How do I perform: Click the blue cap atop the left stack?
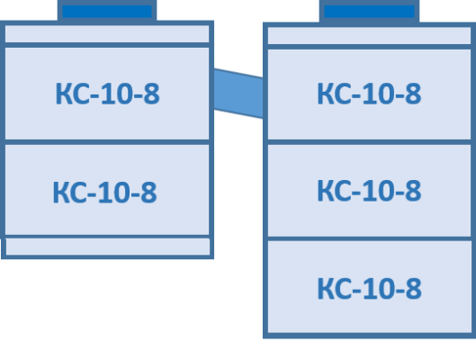pyautogui.click(x=107, y=11)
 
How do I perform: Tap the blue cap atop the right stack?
pyautogui.click(x=369, y=12)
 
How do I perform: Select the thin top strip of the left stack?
pyautogui.click(x=107, y=33)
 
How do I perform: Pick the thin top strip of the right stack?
pyautogui.click(x=369, y=35)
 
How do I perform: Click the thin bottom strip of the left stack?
pyautogui.click(x=107, y=247)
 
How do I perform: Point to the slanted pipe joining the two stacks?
pyautogui.click(x=238, y=94)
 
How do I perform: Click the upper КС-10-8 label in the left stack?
pyautogui.click(x=107, y=94)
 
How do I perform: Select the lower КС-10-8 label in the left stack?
pyautogui.click(x=104, y=192)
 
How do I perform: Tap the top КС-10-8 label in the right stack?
pyautogui.click(x=369, y=94)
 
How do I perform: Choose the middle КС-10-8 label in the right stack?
pyautogui.click(x=369, y=190)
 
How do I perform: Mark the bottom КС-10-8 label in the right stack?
pyautogui.click(x=369, y=289)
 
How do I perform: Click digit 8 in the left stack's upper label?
pyautogui.click(x=151, y=94)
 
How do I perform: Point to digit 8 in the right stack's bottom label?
pyautogui.click(x=413, y=289)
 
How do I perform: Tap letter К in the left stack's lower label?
pyautogui.click(x=61, y=193)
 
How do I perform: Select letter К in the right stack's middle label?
pyautogui.click(x=326, y=191)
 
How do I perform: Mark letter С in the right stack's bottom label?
pyautogui.click(x=344, y=289)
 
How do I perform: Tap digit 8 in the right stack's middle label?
pyautogui.click(x=413, y=191)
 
